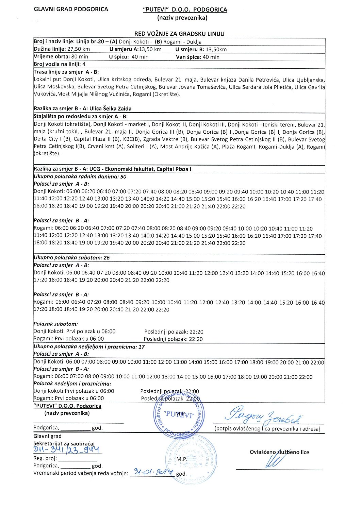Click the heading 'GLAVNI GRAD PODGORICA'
[x=71, y=10]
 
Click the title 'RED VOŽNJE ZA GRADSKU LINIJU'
[x=179, y=34]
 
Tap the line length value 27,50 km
[x=79, y=49]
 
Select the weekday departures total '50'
[x=123, y=176]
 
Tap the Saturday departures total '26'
[x=107, y=258]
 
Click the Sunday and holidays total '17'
[x=142, y=347]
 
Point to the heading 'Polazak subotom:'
[x=55, y=324]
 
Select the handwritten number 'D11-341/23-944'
[x=67, y=450]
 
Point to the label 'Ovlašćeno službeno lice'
[x=279, y=452]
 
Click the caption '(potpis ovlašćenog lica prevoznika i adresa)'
[x=267, y=429]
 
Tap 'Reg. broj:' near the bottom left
[x=46, y=458]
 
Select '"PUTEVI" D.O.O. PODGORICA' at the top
[x=185, y=10]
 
